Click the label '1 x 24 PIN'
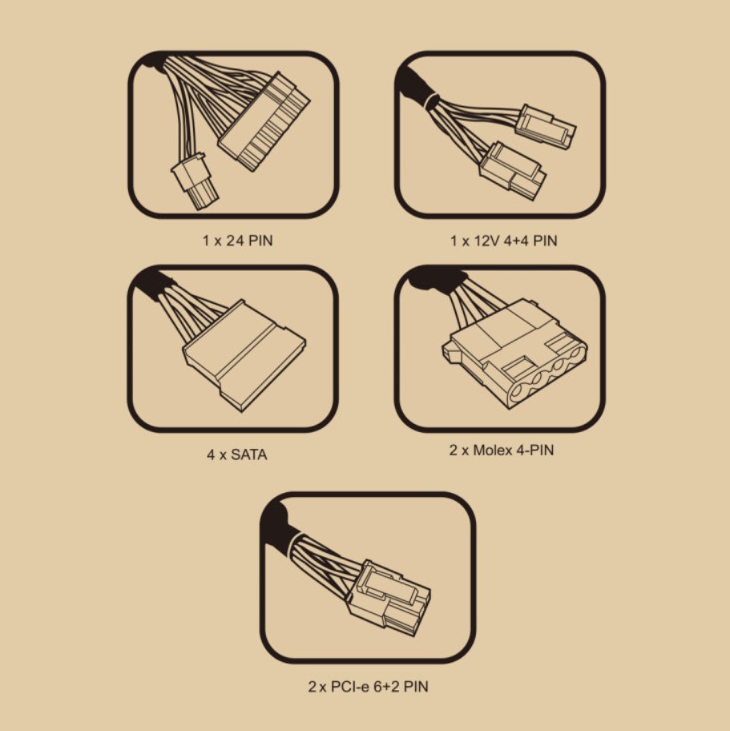pyautogui.click(x=237, y=240)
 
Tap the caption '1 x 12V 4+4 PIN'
pyautogui.click(x=503, y=240)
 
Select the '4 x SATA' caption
pyautogui.click(x=237, y=454)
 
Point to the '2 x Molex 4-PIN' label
pyautogui.click(x=502, y=450)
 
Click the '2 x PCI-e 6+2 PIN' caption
pyautogui.click(x=368, y=686)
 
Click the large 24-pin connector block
pyautogui.click(x=264, y=122)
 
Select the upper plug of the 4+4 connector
pyautogui.click(x=546, y=127)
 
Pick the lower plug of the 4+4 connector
pyautogui.click(x=512, y=171)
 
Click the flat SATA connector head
pyautogui.click(x=244, y=355)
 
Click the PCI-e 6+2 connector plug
pyautogui.click(x=389, y=599)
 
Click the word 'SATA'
pyautogui.click(x=249, y=454)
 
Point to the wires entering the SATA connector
pyautogui.click(x=192, y=313)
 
